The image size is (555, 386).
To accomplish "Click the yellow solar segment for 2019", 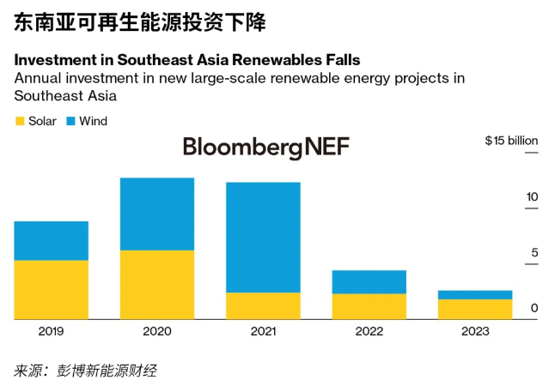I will [51, 289].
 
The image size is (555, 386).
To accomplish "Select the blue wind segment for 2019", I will [51, 240].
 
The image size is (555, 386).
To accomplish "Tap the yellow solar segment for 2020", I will [156, 284].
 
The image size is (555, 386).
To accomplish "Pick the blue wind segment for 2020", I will [156, 214].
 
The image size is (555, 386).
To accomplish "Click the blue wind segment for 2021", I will [262, 238].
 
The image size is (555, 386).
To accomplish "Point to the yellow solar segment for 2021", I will [262, 305].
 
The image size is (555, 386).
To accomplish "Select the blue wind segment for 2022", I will [369, 281].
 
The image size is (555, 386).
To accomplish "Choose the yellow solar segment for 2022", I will [369, 306].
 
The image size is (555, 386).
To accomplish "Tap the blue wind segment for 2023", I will [474, 294].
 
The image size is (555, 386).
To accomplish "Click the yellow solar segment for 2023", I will [474, 309].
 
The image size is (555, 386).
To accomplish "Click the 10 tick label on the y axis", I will [532, 196].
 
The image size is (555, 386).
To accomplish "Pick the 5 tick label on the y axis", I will [534, 252].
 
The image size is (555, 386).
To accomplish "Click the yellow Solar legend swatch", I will [20, 122].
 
